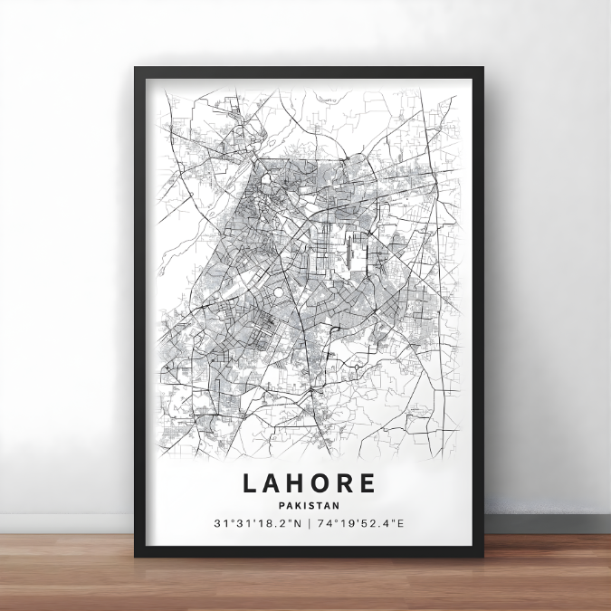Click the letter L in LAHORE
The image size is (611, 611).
pyautogui.click(x=250, y=483)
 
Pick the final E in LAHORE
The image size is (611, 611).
pyautogui.click(x=367, y=483)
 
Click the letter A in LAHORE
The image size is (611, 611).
pyautogui.click(x=273, y=483)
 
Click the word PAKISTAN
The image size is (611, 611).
pyautogui.click(x=309, y=505)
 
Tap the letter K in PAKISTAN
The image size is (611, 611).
pyautogui.click(x=297, y=505)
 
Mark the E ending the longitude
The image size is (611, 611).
pyautogui.click(x=401, y=524)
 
